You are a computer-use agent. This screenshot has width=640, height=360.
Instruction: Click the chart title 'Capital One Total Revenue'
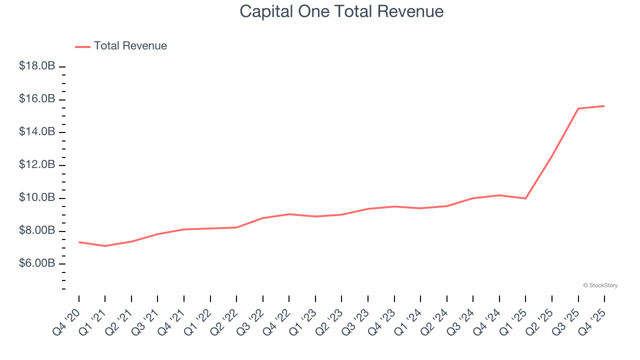tap(341, 11)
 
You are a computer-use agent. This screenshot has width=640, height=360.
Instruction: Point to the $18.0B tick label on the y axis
tap(37, 66)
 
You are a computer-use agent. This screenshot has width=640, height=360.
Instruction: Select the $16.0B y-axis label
tap(37, 99)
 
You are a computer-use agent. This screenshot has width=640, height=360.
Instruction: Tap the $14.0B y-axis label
tap(37, 132)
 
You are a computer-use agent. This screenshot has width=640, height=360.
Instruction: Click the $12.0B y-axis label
tap(37, 165)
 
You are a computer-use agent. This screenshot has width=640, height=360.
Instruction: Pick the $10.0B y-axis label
tap(37, 198)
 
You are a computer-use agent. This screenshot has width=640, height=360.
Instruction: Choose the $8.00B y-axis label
tap(37, 231)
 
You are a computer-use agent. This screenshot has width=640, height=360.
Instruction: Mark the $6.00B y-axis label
tap(37, 263)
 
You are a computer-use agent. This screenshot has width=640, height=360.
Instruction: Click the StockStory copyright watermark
tap(600, 285)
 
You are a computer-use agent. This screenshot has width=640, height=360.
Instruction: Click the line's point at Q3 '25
tap(578, 108)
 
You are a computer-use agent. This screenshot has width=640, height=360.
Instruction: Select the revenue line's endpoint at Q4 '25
tap(604, 106)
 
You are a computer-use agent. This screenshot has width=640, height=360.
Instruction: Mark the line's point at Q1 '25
tap(525, 198)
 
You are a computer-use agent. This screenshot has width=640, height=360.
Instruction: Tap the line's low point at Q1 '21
tap(105, 246)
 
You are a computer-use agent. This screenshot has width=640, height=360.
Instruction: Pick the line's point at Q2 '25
tap(552, 155)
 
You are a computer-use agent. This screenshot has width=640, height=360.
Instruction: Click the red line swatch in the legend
tap(82, 46)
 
